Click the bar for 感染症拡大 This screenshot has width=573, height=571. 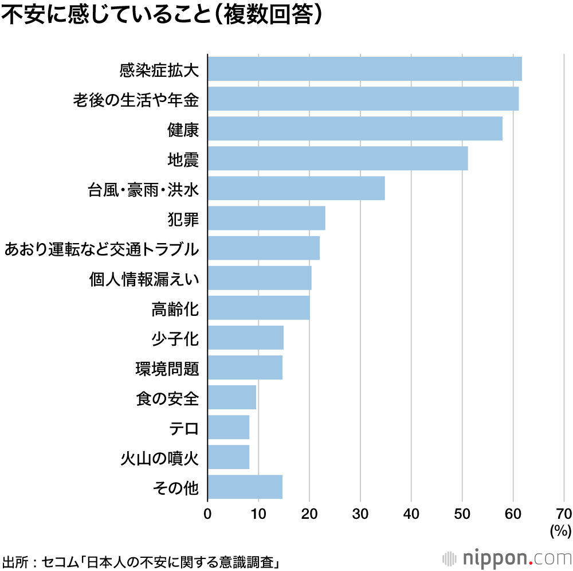364,69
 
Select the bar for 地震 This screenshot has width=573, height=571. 337,158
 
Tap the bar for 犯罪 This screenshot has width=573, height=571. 266,218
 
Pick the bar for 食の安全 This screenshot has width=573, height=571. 231,397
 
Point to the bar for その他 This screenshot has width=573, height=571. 245,487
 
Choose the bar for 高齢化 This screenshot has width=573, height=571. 258,308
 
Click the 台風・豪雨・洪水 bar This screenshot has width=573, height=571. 296,188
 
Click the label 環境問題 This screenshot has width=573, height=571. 167,369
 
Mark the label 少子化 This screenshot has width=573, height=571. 175,339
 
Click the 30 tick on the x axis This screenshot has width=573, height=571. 360,513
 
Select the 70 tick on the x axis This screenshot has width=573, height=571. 563,513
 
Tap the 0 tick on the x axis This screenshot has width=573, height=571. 207,513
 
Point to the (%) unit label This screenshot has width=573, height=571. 560,531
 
